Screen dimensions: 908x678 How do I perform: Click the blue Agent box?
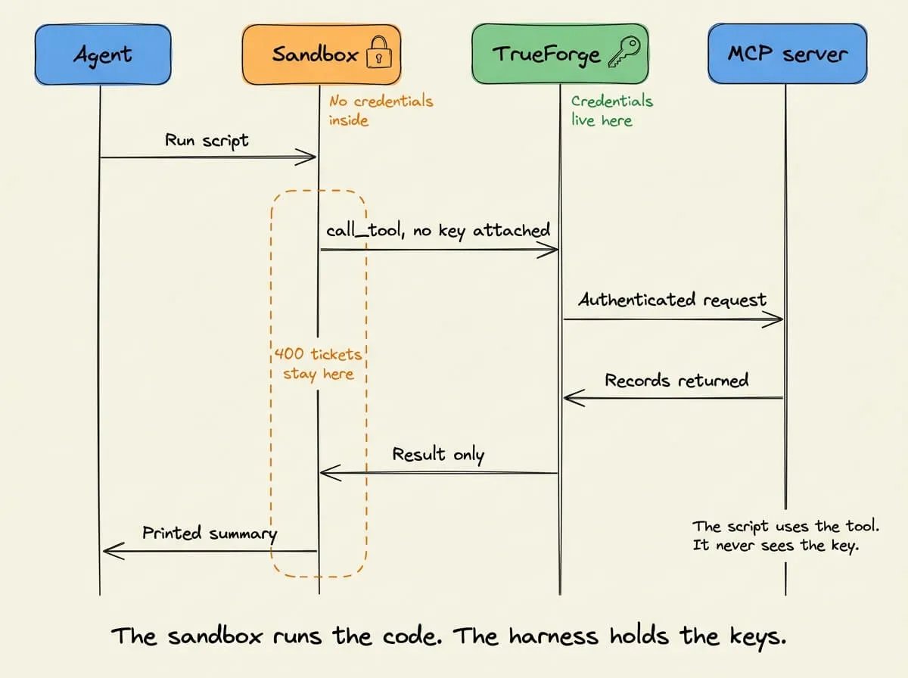pyautogui.click(x=103, y=54)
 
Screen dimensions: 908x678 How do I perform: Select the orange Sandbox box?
pyautogui.click(x=322, y=54)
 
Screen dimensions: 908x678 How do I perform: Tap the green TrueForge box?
pyautogui.click(x=560, y=54)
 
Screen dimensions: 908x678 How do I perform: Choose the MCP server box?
pyautogui.click(x=787, y=54)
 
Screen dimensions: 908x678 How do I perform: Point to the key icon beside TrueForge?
pyautogui.click(x=624, y=51)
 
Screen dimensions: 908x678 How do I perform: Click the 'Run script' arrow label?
pyautogui.click(x=207, y=141)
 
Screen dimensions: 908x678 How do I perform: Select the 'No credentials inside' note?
pyautogui.click(x=381, y=110)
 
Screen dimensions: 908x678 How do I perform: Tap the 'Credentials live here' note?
pyautogui.click(x=612, y=110)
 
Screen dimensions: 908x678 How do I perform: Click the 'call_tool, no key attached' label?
pyautogui.click(x=438, y=230)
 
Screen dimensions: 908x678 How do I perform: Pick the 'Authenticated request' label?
pyautogui.click(x=672, y=300)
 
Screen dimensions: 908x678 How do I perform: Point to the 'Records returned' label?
pyautogui.click(x=676, y=380)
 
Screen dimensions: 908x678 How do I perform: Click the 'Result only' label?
pyautogui.click(x=438, y=454)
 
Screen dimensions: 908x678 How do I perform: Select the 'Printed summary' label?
pyautogui.click(x=210, y=533)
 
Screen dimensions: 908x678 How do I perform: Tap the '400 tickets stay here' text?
pyautogui.click(x=318, y=364)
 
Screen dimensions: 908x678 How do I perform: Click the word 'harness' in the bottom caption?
pyautogui.click(x=553, y=636)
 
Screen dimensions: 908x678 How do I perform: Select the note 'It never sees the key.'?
pyautogui.click(x=776, y=546)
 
